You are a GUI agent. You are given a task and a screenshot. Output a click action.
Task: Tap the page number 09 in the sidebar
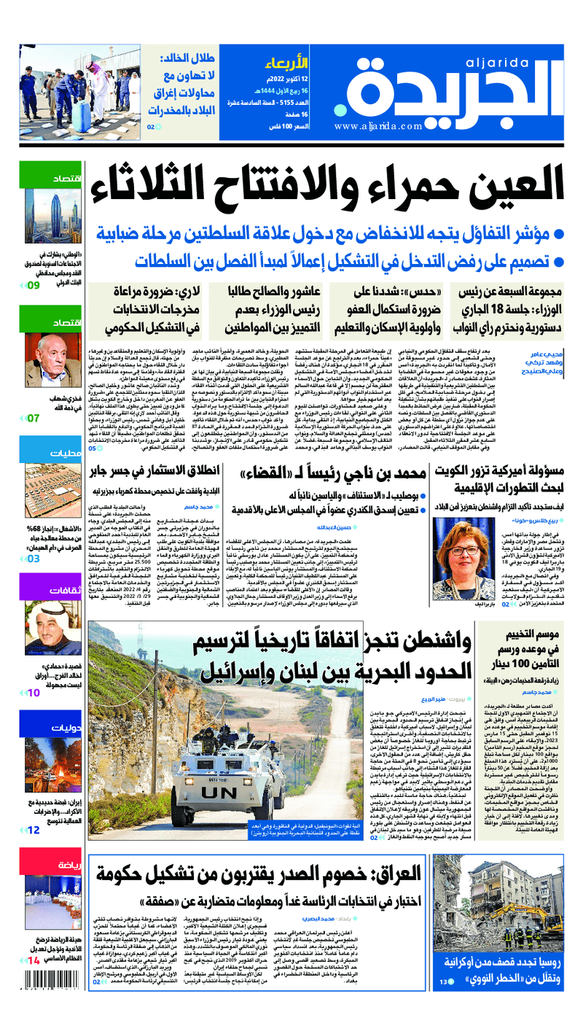34,285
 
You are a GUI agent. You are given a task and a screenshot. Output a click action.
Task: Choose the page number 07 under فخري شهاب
34,418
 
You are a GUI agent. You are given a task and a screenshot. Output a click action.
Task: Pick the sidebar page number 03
34,559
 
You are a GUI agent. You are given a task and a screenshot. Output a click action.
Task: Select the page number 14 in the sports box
34,960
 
